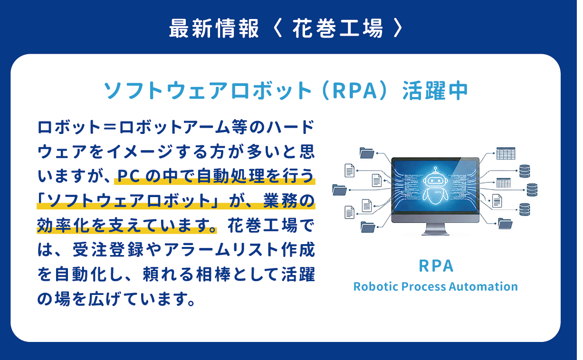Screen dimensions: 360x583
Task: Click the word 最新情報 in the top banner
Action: point(214,28)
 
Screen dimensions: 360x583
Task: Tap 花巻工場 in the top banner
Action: point(337,28)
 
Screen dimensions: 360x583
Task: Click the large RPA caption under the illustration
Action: point(436,266)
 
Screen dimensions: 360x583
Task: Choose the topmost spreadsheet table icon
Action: point(506,153)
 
